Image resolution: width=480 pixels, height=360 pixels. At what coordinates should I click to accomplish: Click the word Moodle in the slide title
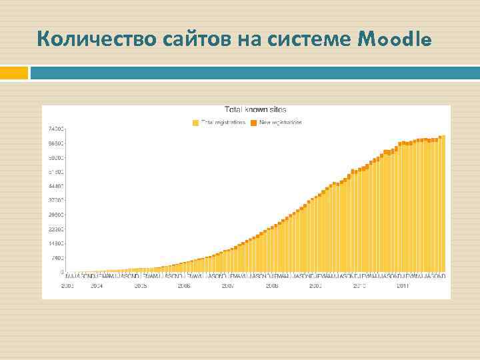pyautogui.click(x=395, y=40)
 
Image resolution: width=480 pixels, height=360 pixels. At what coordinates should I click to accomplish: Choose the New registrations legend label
pyautogui.click(x=281, y=123)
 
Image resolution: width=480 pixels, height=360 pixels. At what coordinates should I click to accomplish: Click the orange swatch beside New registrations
pyautogui.click(x=254, y=123)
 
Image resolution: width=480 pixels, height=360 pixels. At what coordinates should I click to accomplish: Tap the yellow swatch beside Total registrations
pyautogui.click(x=195, y=123)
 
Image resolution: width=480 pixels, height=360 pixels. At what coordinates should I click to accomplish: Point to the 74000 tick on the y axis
pyautogui.click(x=55, y=129)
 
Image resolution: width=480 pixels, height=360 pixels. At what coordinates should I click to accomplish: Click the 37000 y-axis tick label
pyautogui.click(x=55, y=200)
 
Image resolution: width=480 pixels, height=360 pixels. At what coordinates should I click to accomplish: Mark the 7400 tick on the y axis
pyautogui.click(x=56, y=258)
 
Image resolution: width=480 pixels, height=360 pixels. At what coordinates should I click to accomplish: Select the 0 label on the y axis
pyautogui.click(x=62, y=272)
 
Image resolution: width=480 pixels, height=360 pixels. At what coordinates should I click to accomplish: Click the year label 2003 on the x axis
pyautogui.click(x=67, y=286)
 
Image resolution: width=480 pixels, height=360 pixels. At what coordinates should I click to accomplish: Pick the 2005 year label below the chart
pyautogui.click(x=141, y=286)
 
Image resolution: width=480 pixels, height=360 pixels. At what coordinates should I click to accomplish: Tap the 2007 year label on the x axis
pyautogui.click(x=228, y=286)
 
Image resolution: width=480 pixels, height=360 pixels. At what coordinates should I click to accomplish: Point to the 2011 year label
pyautogui.click(x=403, y=286)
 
